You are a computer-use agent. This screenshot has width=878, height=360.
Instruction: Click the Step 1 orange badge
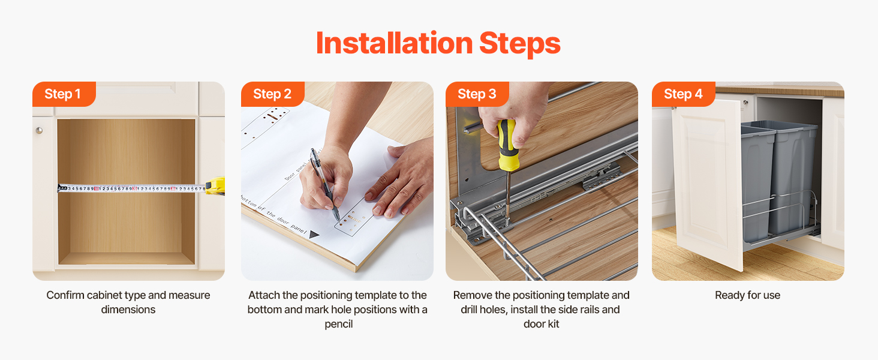64,94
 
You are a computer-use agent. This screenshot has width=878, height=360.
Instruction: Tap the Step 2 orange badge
272,94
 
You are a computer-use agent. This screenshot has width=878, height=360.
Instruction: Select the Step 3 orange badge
477,94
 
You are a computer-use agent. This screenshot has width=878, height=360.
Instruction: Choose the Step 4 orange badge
683,94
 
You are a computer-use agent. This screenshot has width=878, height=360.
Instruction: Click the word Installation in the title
394,43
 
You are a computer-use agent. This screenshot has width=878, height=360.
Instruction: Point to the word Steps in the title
520,44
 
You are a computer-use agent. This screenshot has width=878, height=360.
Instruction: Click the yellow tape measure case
215,185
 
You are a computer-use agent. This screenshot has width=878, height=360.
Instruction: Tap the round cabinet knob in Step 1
39,130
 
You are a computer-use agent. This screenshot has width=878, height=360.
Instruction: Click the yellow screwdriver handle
507,145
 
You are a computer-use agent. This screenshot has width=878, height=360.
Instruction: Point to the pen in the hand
324,184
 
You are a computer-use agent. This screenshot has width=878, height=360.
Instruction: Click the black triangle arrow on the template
314,235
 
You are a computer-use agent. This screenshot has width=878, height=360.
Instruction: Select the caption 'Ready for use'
747,295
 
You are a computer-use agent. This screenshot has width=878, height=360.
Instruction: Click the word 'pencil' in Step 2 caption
339,325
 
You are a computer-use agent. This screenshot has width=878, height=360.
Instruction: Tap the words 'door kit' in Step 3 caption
542,324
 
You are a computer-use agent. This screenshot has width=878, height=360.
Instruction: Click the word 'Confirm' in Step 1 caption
65,295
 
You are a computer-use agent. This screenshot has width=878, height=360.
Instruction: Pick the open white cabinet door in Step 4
705,184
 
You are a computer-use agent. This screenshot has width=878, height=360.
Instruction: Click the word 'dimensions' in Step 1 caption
128,310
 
